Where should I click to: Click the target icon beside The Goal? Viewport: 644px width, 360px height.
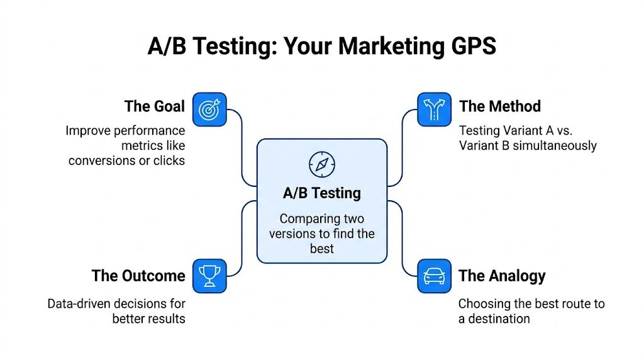[209, 109]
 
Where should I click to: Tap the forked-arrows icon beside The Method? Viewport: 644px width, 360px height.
[434, 109]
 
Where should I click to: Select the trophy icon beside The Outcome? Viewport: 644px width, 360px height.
[209, 276]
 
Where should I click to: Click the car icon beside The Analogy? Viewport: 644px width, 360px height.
[434, 276]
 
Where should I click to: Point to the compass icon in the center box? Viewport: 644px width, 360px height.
[321, 164]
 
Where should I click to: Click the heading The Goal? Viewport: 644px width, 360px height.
[155, 106]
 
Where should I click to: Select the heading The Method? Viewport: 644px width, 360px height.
[499, 106]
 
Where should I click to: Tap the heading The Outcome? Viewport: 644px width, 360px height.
[138, 276]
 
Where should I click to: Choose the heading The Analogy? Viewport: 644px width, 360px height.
[502, 276]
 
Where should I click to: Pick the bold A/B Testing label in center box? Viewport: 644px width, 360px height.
[321, 193]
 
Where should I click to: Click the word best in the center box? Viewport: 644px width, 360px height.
[321, 249]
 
